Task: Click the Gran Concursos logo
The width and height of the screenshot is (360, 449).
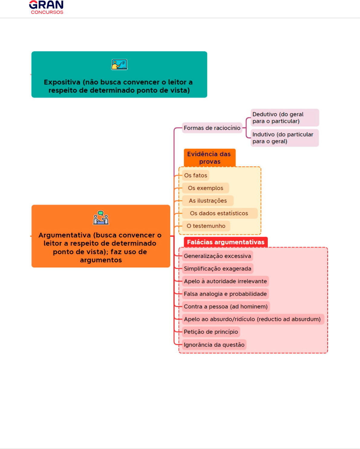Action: coord(46,7)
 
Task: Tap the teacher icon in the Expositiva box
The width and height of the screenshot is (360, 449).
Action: coord(119,65)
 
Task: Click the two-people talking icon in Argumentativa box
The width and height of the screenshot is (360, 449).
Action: coord(101,218)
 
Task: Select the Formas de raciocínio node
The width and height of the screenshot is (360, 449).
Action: coord(212,128)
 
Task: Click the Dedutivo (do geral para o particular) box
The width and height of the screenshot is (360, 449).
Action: coord(285,118)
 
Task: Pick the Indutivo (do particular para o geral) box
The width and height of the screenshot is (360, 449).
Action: coord(284,138)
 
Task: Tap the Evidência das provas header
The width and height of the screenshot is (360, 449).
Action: coord(209,158)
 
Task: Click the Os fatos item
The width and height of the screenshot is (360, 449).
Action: coord(196,175)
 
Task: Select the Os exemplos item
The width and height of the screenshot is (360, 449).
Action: coord(206,188)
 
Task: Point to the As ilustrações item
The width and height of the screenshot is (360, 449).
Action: coord(208,201)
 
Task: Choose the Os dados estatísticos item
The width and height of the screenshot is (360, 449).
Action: coord(220,213)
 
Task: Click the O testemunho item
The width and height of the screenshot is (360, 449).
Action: coord(206,226)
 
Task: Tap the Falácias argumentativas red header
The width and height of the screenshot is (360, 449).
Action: coord(226,242)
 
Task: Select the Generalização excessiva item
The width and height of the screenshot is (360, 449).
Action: coord(217,256)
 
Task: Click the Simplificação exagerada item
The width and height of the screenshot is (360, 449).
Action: coord(218,268)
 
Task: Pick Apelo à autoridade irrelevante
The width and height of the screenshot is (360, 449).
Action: coord(225,281)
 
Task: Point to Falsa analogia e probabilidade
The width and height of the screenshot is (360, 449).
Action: coord(225,294)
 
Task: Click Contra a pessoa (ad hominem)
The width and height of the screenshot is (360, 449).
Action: coord(226,306)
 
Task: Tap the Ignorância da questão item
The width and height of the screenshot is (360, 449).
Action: coord(214,345)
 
